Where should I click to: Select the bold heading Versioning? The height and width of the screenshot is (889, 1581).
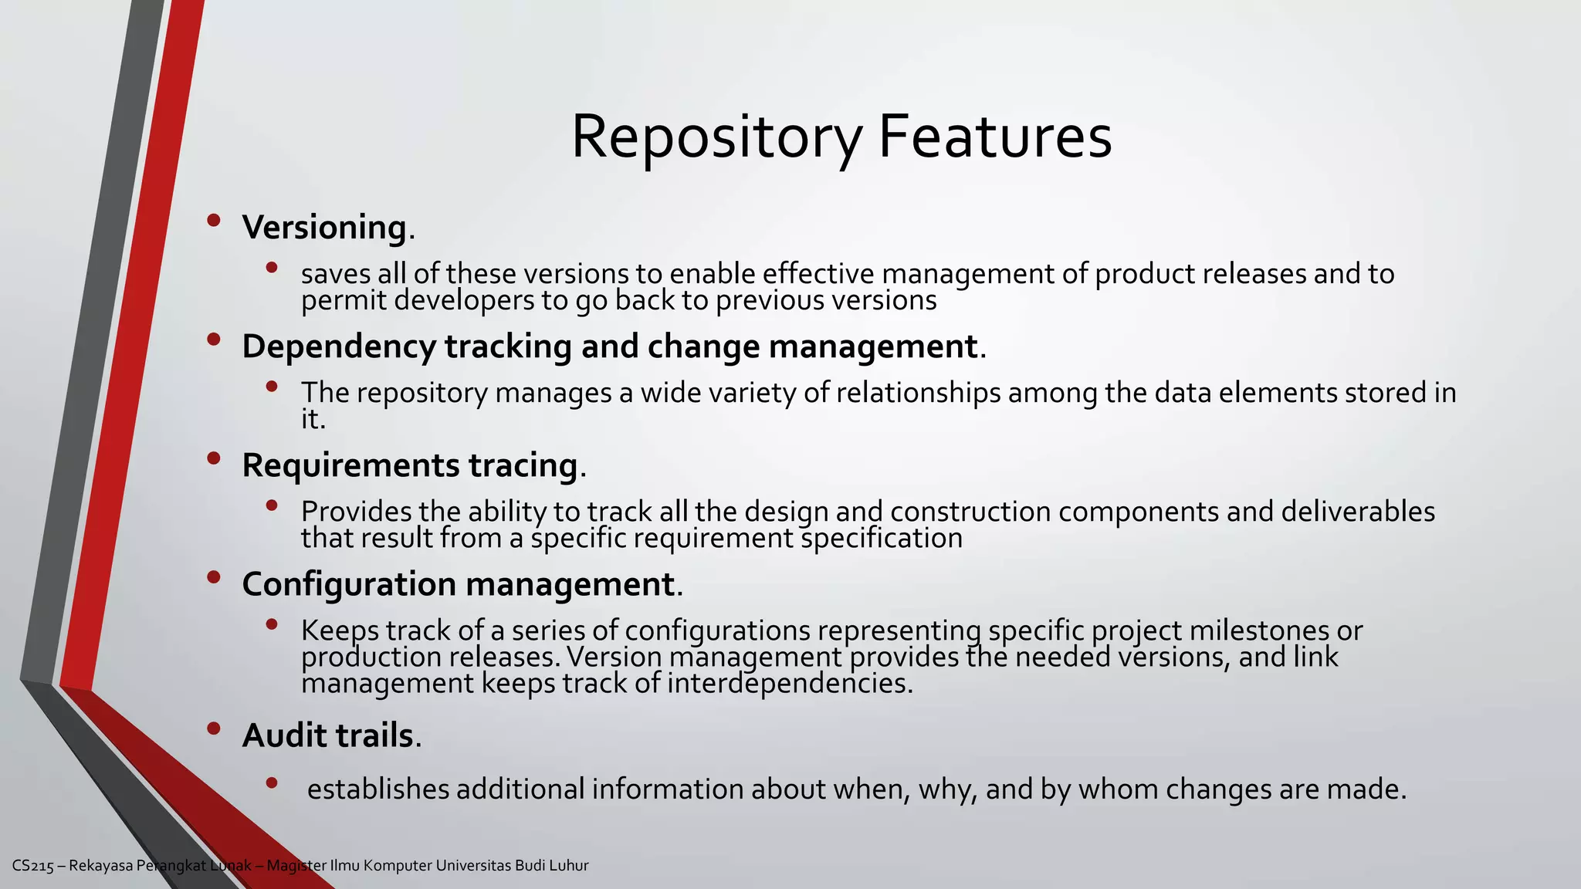[x=324, y=227]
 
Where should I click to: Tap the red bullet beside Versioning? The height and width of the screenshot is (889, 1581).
[x=214, y=221]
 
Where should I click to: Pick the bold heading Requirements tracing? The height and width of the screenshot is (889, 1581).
[x=409, y=465]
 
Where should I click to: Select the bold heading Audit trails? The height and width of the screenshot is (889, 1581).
[x=327, y=735]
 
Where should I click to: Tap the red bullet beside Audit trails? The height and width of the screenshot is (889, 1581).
[x=214, y=728]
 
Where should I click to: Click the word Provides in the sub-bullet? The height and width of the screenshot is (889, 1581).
[x=356, y=512]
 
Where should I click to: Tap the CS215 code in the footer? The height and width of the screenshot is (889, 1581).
[x=33, y=866]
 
